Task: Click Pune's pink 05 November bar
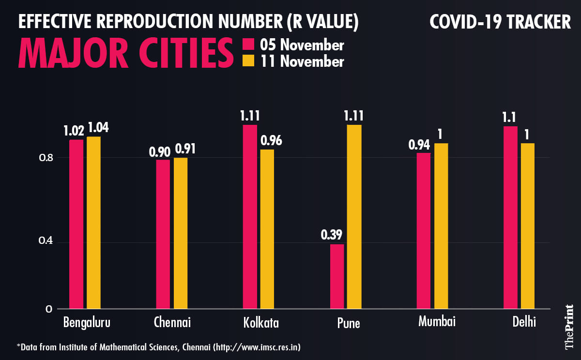(x=337, y=276)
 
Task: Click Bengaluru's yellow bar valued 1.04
(x=93, y=223)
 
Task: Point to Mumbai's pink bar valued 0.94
(x=424, y=231)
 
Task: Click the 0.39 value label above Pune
(x=332, y=235)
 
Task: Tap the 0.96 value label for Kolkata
(x=271, y=141)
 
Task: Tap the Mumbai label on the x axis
(x=437, y=321)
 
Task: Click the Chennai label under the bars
(x=172, y=322)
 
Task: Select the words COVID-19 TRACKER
(x=500, y=22)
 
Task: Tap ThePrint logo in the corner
(x=569, y=326)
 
